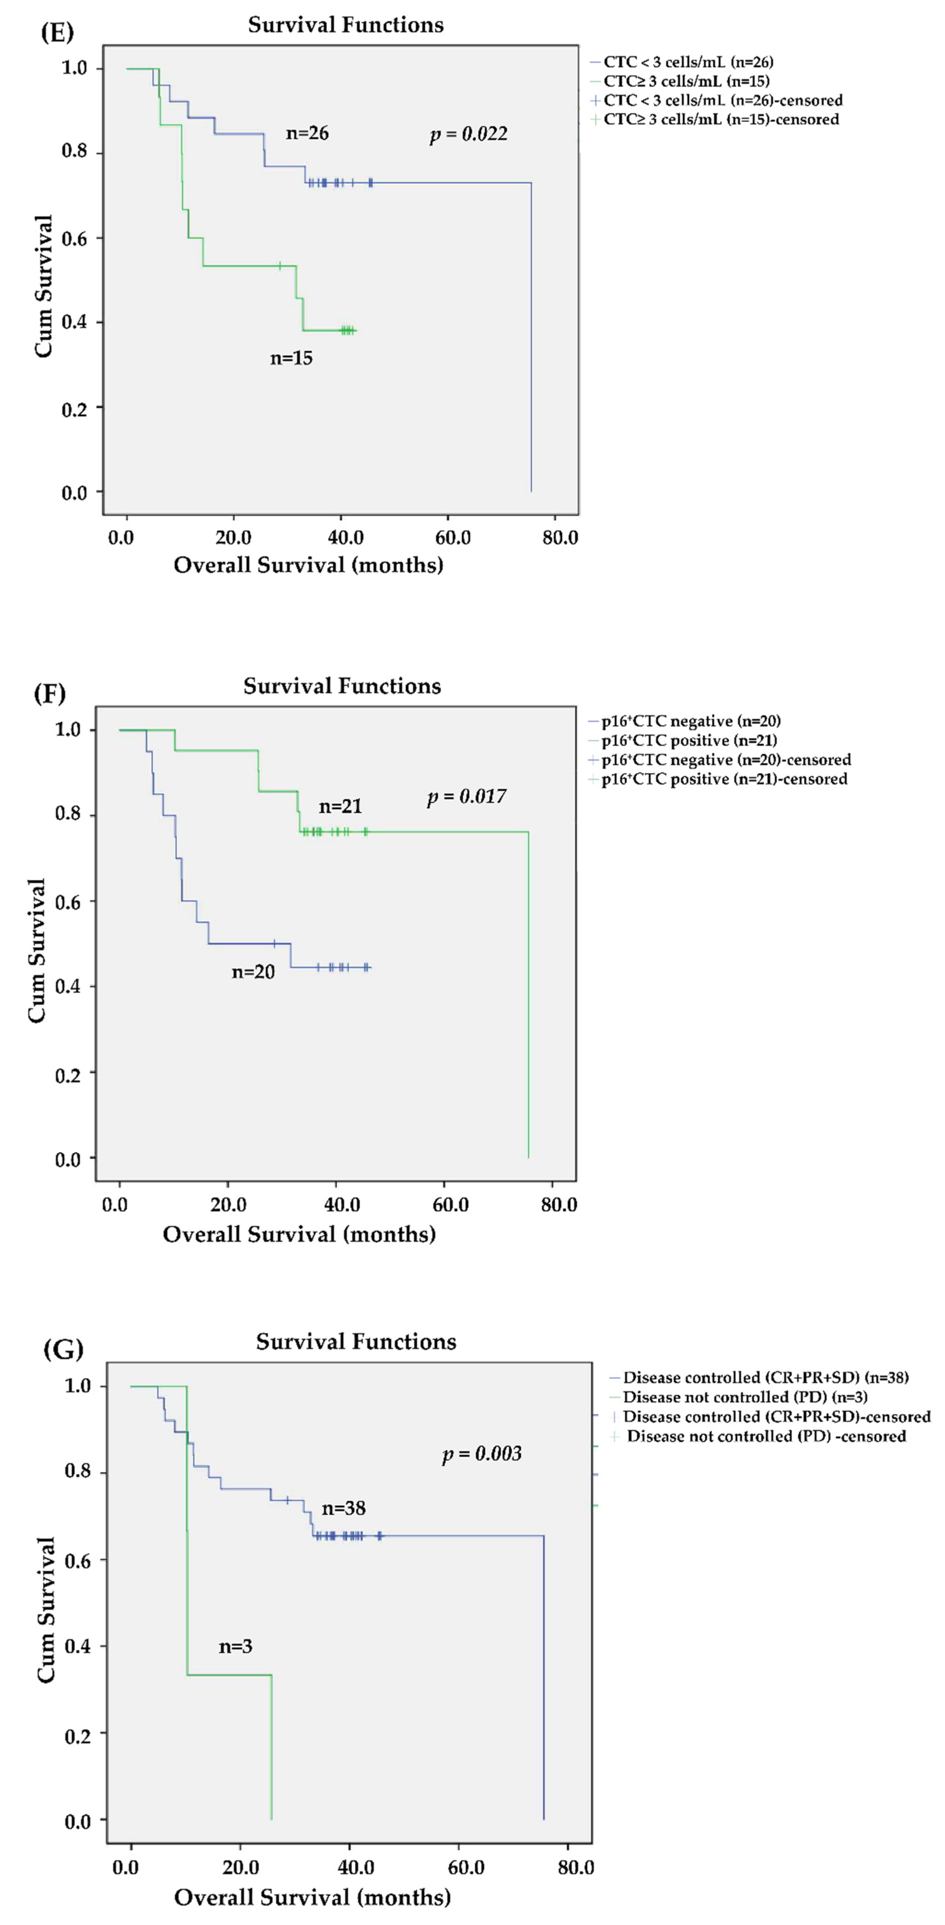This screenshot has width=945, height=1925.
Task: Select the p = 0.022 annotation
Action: pyautogui.click(x=468, y=134)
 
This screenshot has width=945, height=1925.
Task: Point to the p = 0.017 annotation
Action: pyautogui.click(x=466, y=796)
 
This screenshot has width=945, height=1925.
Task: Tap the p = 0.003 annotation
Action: pyautogui.click(x=482, y=1453)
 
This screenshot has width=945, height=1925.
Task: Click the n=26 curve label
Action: pyautogui.click(x=307, y=133)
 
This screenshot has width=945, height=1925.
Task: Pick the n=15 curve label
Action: pyautogui.click(x=291, y=358)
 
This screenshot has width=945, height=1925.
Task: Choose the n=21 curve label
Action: pyautogui.click(x=340, y=806)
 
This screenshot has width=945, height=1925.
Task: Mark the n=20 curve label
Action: pyautogui.click(x=253, y=971)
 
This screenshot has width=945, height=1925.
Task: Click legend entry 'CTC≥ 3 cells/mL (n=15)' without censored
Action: pyautogui.click(x=686, y=81)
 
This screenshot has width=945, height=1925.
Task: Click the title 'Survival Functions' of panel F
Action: pyautogui.click(x=342, y=686)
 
